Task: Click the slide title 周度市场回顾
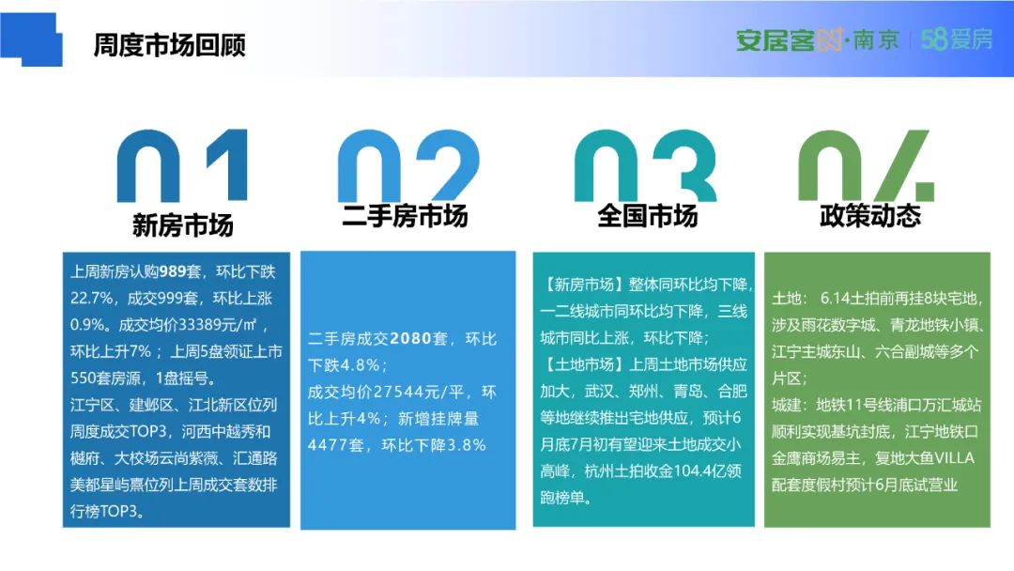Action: tap(169, 45)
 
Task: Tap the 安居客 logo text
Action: tap(775, 40)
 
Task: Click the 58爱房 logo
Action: tap(957, 39)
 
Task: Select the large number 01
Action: tap(182, 165)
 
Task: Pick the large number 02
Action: tap(408, 165)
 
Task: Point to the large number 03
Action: tap(645, 165)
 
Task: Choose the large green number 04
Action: tap(867, 165)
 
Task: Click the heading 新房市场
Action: tap(182, 225)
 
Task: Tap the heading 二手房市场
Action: tap(405, 216)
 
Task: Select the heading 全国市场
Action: tap(647, 216)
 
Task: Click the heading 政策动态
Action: tap(869, 216)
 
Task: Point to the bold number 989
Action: tap(173, 271)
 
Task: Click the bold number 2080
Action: tap(411, 339)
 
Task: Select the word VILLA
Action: tap(954, 458)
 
